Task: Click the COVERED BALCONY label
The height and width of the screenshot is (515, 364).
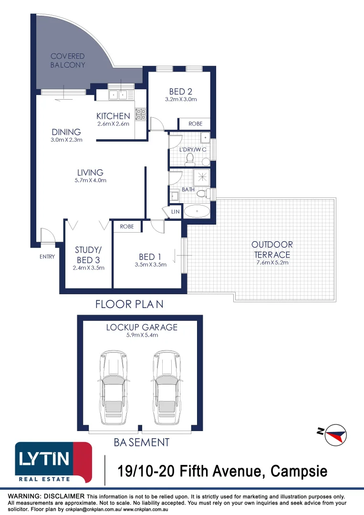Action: click(68, 61)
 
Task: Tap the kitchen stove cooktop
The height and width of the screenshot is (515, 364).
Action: click(141, 114)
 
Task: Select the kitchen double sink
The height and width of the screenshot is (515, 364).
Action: click(118, 95)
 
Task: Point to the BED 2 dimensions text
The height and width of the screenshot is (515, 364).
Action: click(180, 100)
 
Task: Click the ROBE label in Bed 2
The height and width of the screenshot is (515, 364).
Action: click(195, 124)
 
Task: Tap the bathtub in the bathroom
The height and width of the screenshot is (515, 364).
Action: click(196, 211)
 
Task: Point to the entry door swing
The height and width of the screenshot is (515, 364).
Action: click(47, 235)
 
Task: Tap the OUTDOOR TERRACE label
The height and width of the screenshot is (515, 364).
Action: click(272, 249)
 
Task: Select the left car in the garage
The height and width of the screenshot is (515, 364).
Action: click(113, 388)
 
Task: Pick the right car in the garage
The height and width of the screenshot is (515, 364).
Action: click(166, 388)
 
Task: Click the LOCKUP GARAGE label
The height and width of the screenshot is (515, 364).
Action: click(142, 327)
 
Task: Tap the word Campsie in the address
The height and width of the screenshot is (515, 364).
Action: click(299, 472)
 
